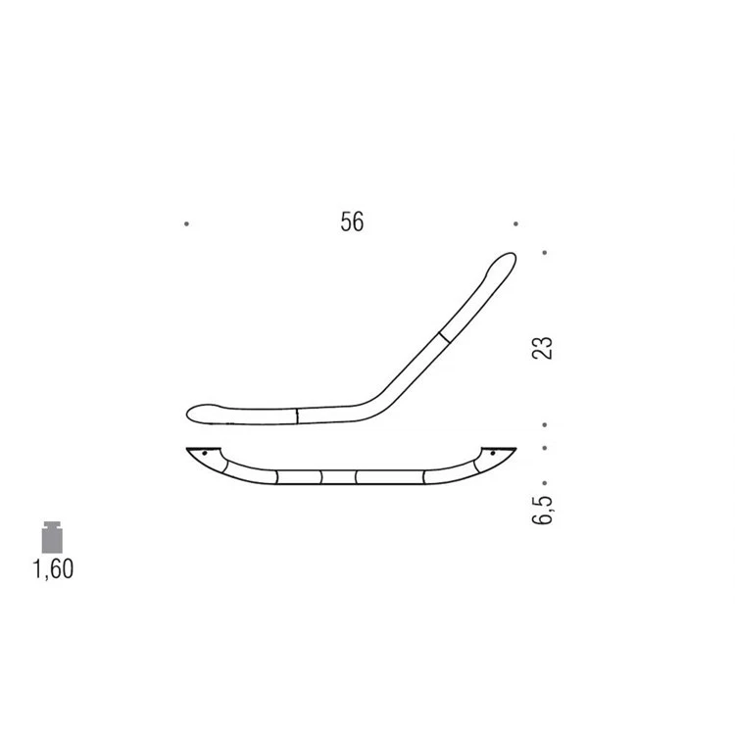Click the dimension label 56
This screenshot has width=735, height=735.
click(x=352, y=221)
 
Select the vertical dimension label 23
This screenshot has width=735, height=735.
click(x=542, y=348)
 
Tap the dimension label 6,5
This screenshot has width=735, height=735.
click(x=542, y=510)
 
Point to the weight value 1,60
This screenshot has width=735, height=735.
click(x=53, y=569)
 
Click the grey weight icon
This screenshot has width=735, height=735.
click(x=52, y=537)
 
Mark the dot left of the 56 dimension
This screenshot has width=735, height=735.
click(x=186, y=224)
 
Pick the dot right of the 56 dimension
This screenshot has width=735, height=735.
click(x=515, y=224)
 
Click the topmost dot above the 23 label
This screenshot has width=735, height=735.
click(x=544, y=253)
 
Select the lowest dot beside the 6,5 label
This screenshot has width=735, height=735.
click(x=544, y=483)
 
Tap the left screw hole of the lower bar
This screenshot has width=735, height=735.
click(x=205, y=454)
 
